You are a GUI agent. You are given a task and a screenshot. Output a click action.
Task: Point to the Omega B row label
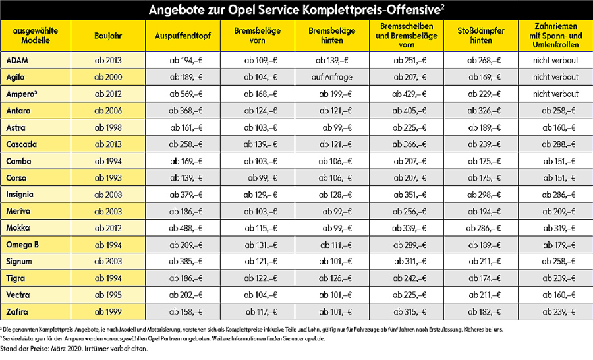click(x=22, y=245)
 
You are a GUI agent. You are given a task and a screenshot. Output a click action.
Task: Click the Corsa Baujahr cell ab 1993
click(x=108, y=177)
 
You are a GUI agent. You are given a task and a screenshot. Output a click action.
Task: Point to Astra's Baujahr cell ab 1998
click(x=108, y=127)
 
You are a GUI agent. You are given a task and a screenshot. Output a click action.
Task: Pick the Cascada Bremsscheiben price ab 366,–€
click(x=409, y=144)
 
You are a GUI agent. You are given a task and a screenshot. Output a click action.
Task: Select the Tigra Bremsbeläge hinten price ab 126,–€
click(x=333, y=278)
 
